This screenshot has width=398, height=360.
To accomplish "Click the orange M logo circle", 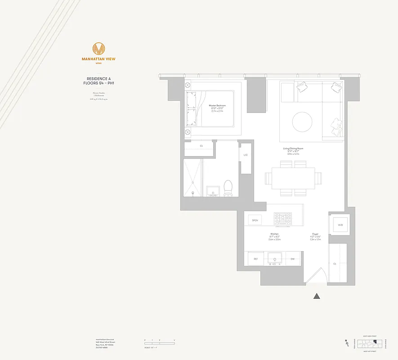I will click(x=98, y=48).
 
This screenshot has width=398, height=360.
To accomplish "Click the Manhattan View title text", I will click(x=98, y=59).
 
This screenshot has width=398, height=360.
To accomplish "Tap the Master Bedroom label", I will click(x=217, y=106).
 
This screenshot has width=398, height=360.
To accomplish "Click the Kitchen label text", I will click(x=274, y=235).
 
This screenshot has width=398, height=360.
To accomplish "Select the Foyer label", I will click(x=315, y=235).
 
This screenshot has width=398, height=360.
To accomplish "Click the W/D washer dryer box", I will click(x=340, y=225).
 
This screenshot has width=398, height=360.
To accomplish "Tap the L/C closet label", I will click(x=246, y=155).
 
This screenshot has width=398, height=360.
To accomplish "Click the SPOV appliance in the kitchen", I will click(x=255, y=220).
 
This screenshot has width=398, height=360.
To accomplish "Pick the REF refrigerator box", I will click(x=255, y=259).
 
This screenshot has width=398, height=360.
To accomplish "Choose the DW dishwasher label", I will click(x=292, y=259).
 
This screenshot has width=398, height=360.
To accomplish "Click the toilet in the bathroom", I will click(x=228, y=188).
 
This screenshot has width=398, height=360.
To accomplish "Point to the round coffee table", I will click(x=302, y=121).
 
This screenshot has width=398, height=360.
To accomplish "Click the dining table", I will click(x=293, y=178).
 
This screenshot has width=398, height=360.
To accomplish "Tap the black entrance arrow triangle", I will click(x=317, y=296).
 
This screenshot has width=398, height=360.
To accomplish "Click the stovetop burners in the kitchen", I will click(x=282, y=219).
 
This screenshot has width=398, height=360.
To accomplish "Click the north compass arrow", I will click(x=346, y=343).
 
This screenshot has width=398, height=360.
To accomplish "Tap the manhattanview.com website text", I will click(x=105, y=339).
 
